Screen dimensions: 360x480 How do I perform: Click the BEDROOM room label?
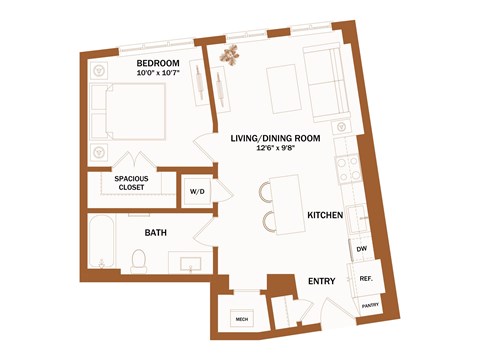pos(157,63)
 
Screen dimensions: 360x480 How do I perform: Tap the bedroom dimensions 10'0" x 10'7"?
pos(157,74)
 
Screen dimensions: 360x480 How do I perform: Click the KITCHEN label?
pos(325,215)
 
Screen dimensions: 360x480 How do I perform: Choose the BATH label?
pos(155,233)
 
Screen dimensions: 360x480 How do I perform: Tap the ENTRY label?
pos(321,282)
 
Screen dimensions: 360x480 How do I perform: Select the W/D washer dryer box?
pos(195,192)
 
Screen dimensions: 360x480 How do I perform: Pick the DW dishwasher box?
pos(360,249)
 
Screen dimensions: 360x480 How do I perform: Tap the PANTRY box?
pos(369,307)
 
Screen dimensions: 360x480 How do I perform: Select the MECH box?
pos(241,319)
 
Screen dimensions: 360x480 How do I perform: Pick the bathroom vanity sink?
pos(187,263)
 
